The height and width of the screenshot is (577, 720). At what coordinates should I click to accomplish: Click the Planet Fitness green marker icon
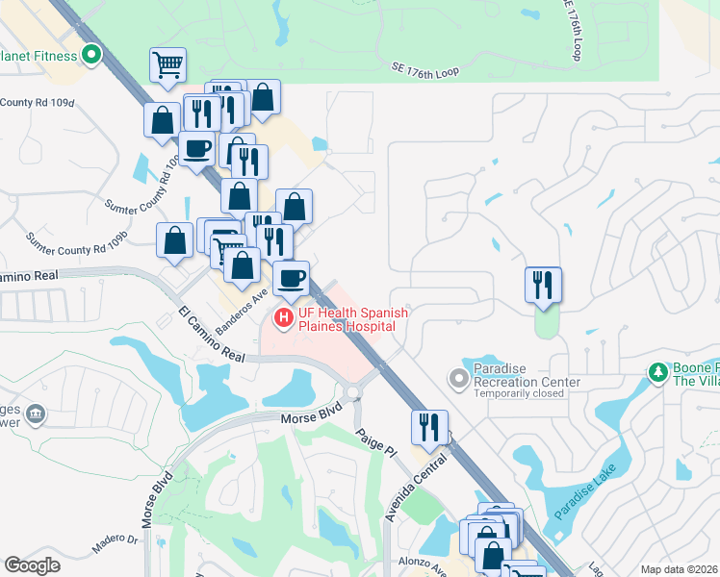(x=91, y=55)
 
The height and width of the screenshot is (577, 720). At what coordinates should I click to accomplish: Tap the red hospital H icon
(x=284, y=316)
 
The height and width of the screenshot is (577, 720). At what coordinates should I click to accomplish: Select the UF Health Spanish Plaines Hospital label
(x=352, y=319)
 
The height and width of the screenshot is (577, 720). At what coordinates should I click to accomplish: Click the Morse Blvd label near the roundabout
(x=312, y=419)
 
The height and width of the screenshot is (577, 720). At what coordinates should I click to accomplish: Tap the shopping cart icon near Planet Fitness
(x=167, y=65)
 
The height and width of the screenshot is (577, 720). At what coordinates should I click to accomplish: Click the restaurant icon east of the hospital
(x=543, y=285)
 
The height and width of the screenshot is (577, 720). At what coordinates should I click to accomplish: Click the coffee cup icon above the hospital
(x=291, y=279)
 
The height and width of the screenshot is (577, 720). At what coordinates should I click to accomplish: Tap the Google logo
(x=33, y=565)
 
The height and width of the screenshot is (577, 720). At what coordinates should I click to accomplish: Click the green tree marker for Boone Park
(x=658, y=371)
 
